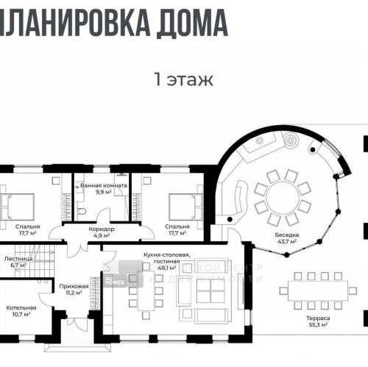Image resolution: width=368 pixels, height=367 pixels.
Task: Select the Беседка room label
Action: tap(287, 233)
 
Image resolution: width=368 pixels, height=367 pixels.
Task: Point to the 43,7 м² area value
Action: tap(287, 240)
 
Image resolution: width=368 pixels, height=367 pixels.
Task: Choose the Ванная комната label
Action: tap(104, 186)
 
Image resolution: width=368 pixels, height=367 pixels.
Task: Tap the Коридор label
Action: tap(102, 229)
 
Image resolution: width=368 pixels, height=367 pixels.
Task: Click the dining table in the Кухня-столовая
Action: tap(145, 299)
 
